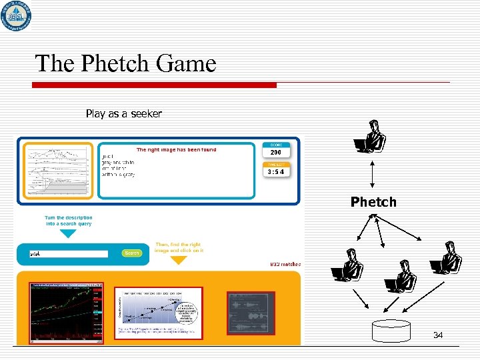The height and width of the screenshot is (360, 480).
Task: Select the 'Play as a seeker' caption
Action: [x=123, y=114]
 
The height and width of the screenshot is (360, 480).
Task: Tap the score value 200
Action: [x=275, y=153]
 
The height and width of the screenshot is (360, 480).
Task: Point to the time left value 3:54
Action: [x=275, y=172]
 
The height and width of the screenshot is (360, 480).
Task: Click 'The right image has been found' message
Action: [x=176, y=150]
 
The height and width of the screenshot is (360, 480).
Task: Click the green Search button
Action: [x=132, y=253]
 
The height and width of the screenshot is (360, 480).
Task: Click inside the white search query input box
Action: [x=68, y=253]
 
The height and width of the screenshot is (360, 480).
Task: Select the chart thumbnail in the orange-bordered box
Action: [x=59, y=171]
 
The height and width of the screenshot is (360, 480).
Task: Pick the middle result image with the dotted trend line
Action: [x=158, y=312]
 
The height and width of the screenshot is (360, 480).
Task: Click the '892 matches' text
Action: [x=285, y=264]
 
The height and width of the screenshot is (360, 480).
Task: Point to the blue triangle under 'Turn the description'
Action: [x=68, y=234]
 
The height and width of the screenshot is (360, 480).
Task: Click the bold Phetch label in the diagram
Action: [x=373, y=202]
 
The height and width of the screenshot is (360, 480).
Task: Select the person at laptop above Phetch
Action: [x=371, y=137]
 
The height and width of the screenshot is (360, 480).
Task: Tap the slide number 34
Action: [x=437, y=335]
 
